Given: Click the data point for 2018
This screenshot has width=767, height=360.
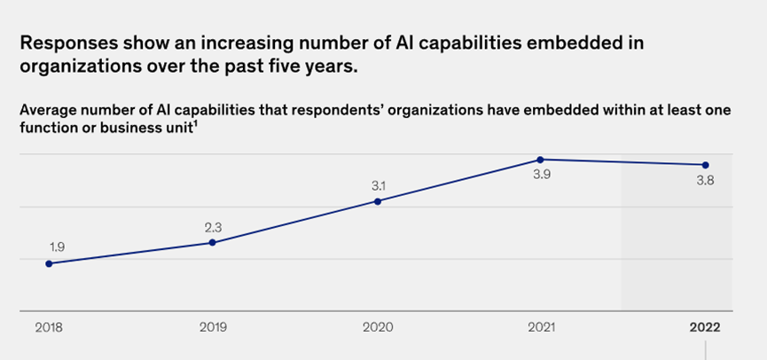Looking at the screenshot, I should tap(49, 263).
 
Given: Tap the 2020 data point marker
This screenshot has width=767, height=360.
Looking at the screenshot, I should tap(378, 201).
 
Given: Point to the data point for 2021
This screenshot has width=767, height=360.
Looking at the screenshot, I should tap(540, 160).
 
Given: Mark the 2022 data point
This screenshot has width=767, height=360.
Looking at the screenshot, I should tap(706, 165).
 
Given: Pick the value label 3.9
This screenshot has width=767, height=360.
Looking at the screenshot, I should tap(540, 176).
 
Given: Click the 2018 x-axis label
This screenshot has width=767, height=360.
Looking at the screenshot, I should tap(49, 327).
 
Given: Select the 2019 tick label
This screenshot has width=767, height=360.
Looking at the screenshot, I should tap(213, 327).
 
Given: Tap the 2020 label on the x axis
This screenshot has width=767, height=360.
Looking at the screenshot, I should tap(378, 327).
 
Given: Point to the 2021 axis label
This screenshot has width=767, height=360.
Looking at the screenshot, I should tap(541, 327).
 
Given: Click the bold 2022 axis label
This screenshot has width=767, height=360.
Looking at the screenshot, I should tap(706, 327).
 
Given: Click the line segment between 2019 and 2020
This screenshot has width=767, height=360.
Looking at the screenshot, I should tap(295, 222).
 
